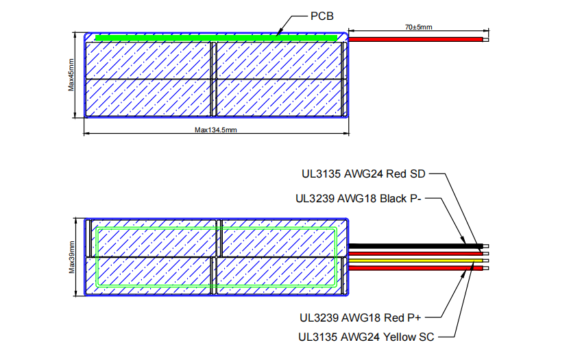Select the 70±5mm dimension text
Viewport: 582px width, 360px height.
(x=417, y=27)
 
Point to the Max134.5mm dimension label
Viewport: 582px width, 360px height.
(x=215, y=130)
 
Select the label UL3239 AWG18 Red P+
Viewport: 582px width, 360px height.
(x=358, y=317)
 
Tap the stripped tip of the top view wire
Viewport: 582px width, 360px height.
(x=485, y=40)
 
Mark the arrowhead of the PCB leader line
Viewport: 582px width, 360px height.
(x=280, y=32)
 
